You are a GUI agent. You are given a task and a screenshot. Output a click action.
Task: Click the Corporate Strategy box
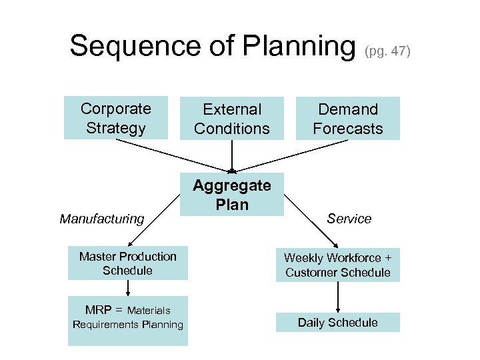pyautogui.click(x=115, y=118)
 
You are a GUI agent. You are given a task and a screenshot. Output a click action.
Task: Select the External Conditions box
pyautogui.click(x=231, y=119)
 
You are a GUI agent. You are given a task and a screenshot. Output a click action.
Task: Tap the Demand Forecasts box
pyautogui.click(x=348, y=119)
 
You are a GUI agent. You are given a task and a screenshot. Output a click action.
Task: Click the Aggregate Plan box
pyautogui.click(x=231, y=195)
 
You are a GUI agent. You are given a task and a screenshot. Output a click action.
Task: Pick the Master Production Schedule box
pyautogui.click(x=127, y=263)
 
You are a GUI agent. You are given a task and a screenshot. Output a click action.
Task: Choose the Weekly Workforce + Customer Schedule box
pyautogui.click(x=338, y=265)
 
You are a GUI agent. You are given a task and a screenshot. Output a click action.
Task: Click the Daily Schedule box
pyautogui.click(x=338, y=323)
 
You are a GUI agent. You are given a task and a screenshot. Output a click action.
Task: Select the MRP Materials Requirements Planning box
pyautogui.click(x=127, y=318)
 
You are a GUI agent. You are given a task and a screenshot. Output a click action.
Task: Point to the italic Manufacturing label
pyautogui.click(x=102, y=219)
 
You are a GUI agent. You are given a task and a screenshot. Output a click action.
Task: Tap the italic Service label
pyautogui.click(x=349, y=219)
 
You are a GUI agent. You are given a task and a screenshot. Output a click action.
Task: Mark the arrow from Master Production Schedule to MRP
pyautogui.click(x=127, y=288)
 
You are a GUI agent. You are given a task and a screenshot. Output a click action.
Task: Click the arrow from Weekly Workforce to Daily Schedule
pyautogui.click(x=338, y=297)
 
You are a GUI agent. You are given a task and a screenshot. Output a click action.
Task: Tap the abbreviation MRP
pyautogui.click(x=99, y=310)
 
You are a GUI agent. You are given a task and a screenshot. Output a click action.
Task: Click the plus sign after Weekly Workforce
pyautogui.click(x=388, y=257)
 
